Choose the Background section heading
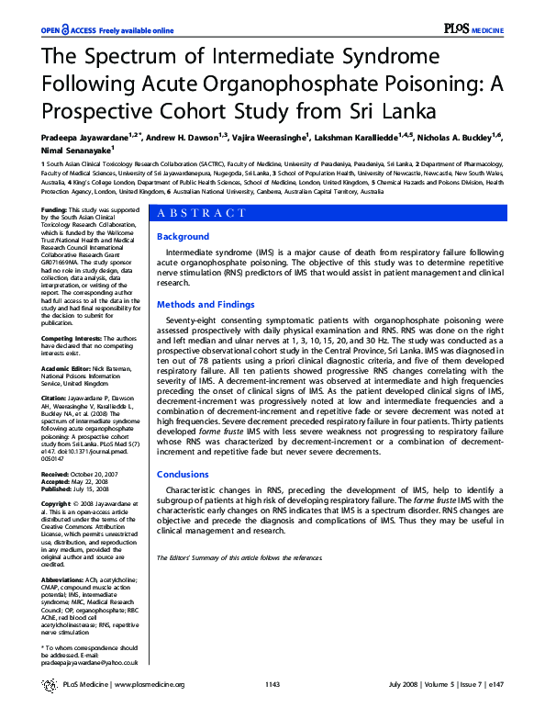pyautogui.click(x=183, y=237)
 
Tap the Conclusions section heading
pyautogui.click(x=183, y=475)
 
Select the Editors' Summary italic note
pyautogui.click(x=239, y=557)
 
